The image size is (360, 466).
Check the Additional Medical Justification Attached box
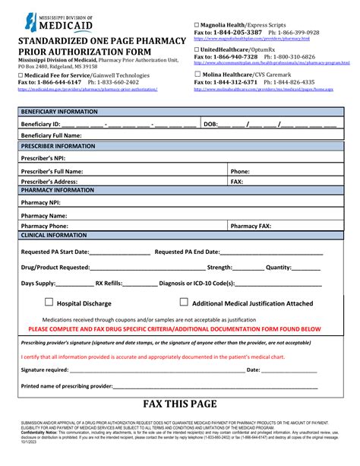coord(183,302)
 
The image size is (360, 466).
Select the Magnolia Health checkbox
coord(197,25)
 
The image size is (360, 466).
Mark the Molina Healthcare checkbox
coord(197,74)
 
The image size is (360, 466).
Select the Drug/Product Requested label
coord(55,267)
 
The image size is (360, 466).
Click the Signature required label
coord(45,369)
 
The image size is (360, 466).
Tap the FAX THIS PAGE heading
coord(180,404)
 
